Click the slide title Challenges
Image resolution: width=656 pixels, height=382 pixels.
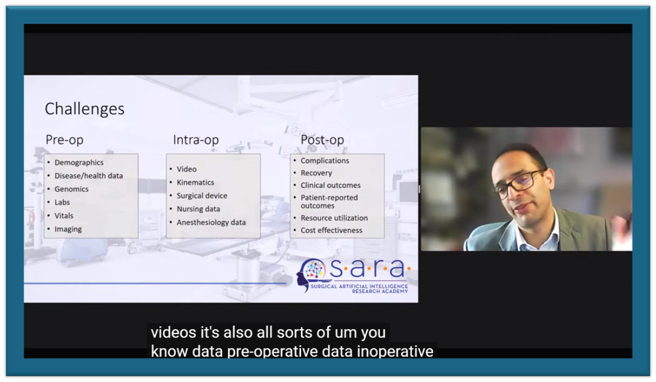[84, 109]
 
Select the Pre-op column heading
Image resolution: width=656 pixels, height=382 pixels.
[64, 140]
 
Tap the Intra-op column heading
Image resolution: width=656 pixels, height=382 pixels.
[196, 140]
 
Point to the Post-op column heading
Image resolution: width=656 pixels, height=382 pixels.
[322, 140]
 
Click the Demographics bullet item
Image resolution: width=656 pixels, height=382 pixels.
[79, 163]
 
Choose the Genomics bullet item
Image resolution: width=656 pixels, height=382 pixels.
[72, 189]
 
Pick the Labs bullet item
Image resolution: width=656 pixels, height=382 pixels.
[62, 203]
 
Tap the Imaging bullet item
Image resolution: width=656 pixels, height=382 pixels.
[68, 229]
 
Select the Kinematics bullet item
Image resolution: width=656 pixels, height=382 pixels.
[195, 183]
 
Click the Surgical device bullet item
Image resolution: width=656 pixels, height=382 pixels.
[202, 196]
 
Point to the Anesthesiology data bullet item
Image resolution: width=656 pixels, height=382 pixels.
[211, 222]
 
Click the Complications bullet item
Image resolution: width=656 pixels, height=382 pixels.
[325, 161]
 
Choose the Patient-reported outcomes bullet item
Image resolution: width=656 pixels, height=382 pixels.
[329, 202]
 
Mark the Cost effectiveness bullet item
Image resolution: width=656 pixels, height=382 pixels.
[331, 230]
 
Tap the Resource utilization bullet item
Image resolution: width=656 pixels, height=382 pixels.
[334, 218]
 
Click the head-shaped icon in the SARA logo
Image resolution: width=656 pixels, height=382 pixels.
[310, 274]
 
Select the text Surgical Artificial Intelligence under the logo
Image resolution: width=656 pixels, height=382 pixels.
[359, 286]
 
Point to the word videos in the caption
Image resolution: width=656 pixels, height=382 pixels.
[173, 333]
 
